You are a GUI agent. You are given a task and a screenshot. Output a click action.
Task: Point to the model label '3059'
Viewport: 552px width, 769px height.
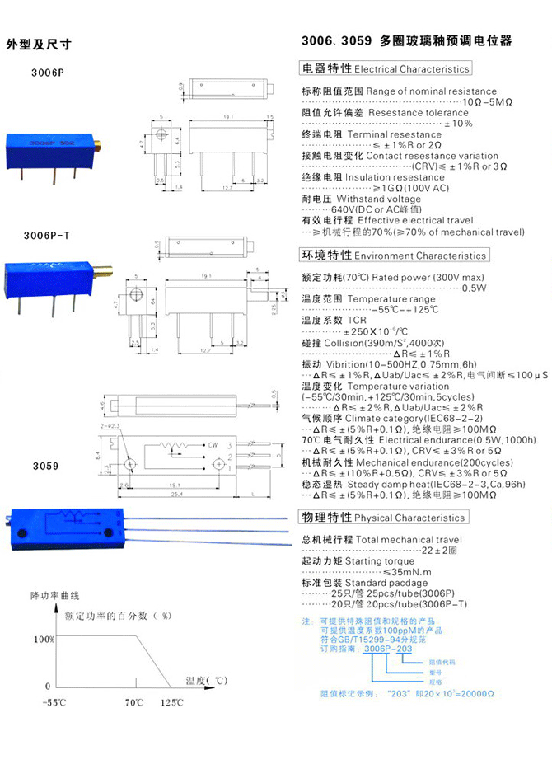click(45, 466)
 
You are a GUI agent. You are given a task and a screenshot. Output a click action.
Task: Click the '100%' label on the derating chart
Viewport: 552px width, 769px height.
click(44, 639)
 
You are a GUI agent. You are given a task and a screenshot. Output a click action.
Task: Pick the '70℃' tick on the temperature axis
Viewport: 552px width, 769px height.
click(133, 702)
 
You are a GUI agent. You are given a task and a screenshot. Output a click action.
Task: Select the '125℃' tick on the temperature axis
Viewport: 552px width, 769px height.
click(171, 702)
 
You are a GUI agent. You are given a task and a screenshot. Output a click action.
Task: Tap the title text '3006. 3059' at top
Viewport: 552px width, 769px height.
click(337, 40)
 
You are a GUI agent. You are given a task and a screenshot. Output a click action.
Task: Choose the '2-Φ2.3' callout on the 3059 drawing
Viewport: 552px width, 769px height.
click(109, 426)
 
